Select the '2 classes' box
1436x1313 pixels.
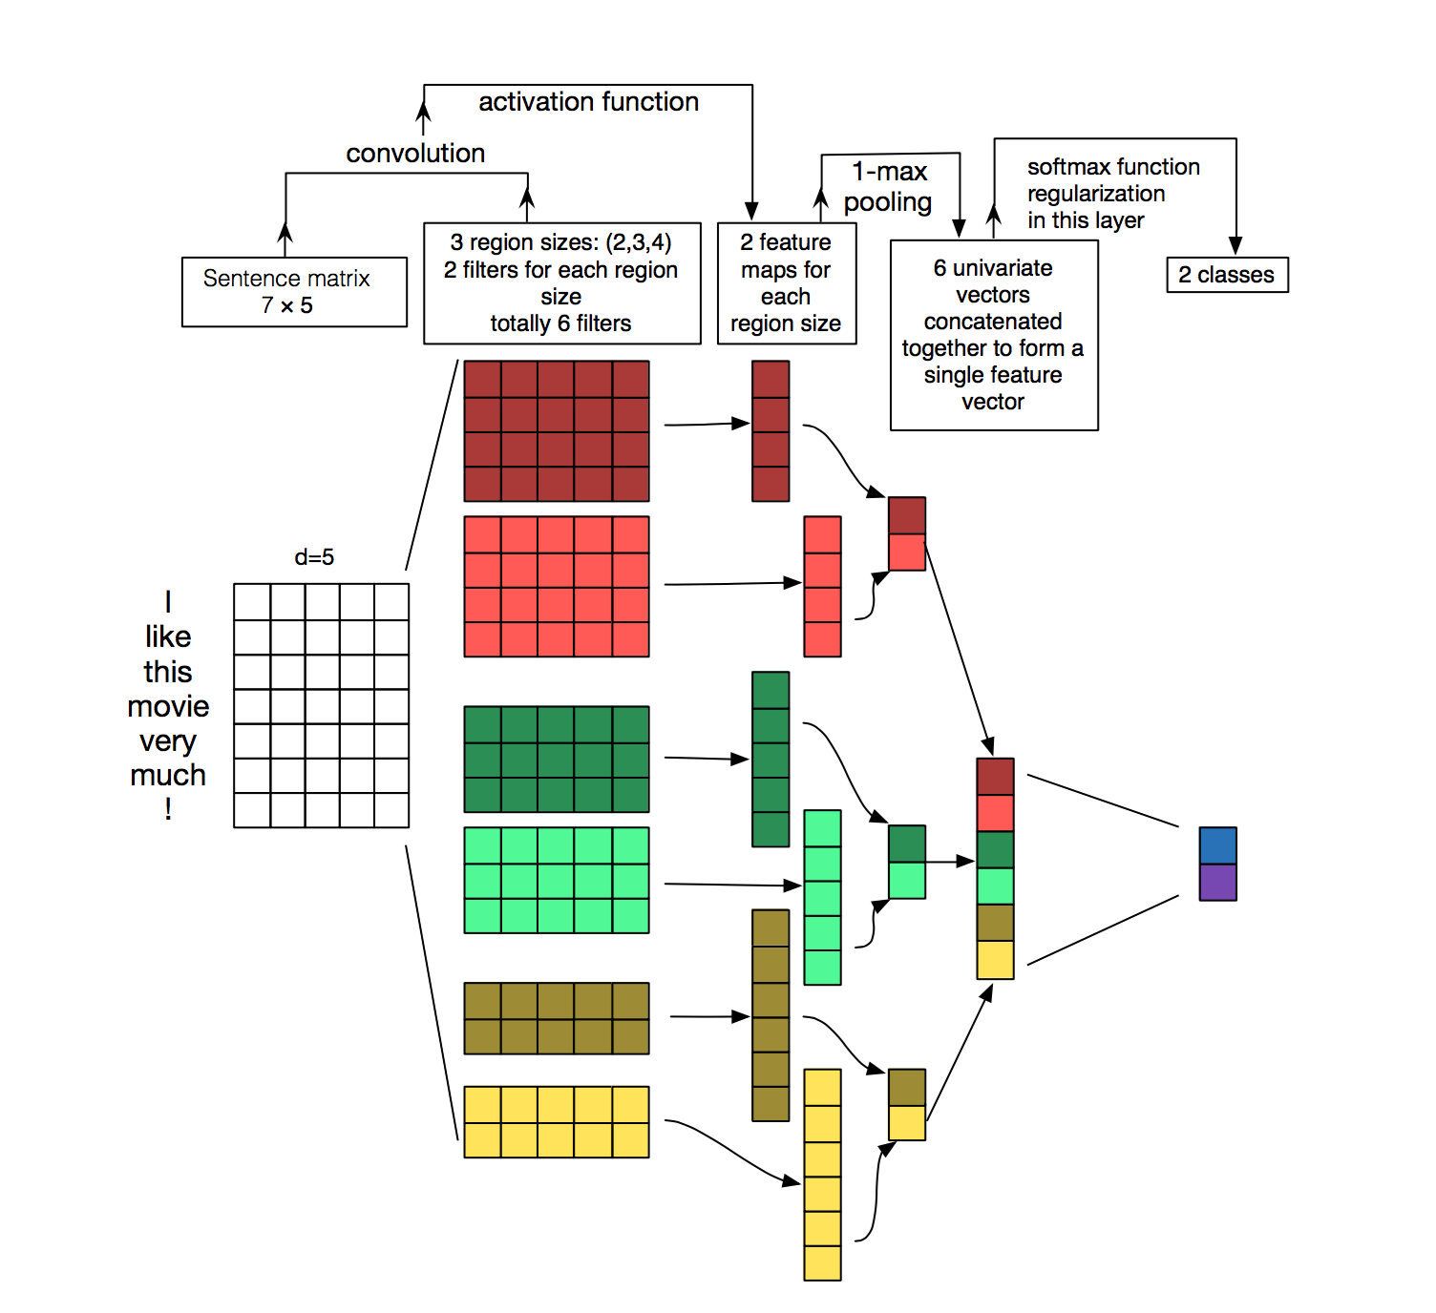pos(1227,275)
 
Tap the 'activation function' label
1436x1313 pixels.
pos(588,102)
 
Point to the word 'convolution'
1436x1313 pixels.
pos(415,154)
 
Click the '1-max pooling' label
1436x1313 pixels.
pos(889,187)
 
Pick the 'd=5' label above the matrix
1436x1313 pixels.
pos(314,557)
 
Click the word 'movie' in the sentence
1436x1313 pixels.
pos(168,706)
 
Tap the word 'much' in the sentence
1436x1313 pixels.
pos(168,775)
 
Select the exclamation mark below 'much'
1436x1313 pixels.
pos(168,809)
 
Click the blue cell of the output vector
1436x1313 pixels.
pos(1217,845)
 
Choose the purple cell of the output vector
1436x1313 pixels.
pos(1217,883)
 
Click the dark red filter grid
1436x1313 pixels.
pos(556,431)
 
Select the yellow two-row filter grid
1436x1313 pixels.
pos(556,1122)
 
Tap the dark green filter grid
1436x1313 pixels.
pos(556,760)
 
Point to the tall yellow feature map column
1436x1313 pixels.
pos(822,1175)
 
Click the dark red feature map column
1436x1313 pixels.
pos(771,431)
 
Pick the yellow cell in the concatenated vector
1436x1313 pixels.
pos(995,960)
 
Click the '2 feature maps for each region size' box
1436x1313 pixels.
pos(786,283)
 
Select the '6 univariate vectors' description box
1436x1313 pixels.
pos(994,335)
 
